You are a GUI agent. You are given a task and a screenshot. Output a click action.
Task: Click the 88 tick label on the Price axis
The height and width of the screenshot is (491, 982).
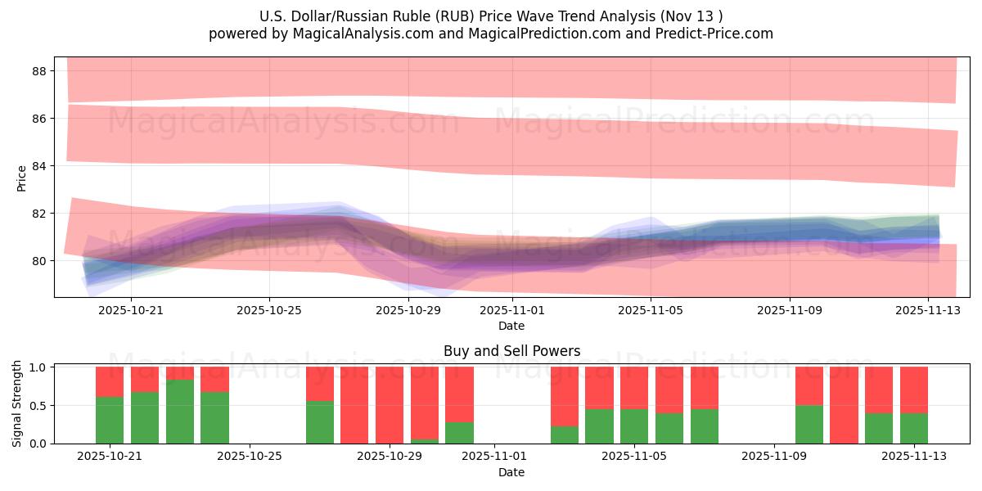(x=38, y=71)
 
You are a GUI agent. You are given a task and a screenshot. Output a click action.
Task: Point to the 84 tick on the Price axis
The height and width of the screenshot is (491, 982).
(x=38, y=166)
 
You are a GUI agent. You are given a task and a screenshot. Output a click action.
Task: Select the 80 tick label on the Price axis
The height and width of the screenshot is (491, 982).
(x=38, y=261)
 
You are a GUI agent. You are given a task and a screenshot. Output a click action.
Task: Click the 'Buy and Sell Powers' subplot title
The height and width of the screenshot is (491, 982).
(x=511, y=351)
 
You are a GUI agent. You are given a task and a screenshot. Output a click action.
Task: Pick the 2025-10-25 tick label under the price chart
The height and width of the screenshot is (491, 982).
(x=269, y=311)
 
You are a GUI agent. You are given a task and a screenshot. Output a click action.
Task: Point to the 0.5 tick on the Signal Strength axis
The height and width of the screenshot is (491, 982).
(x=38, y=405)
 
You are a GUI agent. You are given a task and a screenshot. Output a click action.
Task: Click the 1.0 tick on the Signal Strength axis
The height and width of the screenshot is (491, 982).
(x=38, y=367)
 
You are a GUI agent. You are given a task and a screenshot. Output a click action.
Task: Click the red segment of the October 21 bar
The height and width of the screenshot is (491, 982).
(x=110, y=381)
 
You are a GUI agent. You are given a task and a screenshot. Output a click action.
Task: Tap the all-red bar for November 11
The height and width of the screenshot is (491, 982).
(x=844, y=405)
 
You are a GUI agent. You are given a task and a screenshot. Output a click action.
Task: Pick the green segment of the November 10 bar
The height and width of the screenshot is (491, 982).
(x=809, y=424)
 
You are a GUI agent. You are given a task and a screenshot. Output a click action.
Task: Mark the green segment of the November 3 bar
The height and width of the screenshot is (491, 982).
(x=565, y=435)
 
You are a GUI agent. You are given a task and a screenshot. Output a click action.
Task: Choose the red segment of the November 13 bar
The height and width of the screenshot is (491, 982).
(x=914, y=390)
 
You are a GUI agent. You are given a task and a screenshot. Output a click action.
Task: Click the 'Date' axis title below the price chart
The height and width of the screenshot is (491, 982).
(x=511, y=326)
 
